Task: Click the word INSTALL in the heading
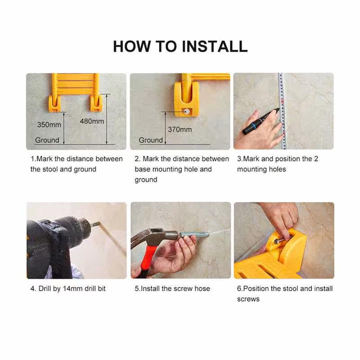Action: click(x=215, y=46)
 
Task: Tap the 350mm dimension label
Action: click(x=49, y=125)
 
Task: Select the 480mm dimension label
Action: click(x=92, y=121)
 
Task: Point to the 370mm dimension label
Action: click(x=180, y=130)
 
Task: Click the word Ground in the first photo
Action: click(x=47, y=140)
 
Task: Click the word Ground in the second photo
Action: click(x=151, y=140)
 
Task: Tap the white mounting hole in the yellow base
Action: click(x=187, y=112)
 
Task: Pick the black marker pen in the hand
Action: click(x=261, y=121)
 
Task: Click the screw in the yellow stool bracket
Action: click(x=282, y=239)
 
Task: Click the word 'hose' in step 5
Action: click(x=202, y=288)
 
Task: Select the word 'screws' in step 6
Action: click(x=248, y=299)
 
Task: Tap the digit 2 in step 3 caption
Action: click(x=316, y=159)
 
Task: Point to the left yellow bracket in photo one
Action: click(x=54, y=103)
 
